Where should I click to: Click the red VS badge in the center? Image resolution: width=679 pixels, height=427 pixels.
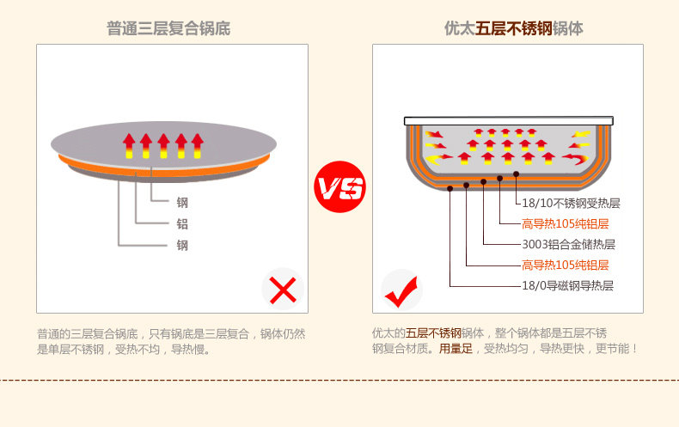339,186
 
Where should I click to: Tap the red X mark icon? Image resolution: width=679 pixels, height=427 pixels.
283,290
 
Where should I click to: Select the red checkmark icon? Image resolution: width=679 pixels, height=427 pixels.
401,290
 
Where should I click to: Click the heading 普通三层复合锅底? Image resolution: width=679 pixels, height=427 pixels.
168,28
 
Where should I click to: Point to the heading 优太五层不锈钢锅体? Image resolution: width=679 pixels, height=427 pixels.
513,28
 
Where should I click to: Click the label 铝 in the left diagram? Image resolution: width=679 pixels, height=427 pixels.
182,223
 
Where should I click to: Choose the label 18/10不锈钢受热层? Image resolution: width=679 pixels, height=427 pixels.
571,204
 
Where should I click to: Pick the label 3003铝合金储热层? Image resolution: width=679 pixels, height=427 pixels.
568,244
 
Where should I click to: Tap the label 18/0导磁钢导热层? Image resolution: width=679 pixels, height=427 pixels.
568,285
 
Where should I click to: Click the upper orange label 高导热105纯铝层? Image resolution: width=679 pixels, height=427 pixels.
566,223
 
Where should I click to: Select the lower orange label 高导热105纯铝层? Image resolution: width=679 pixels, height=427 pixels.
566,265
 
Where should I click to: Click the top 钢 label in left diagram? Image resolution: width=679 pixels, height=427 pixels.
182,203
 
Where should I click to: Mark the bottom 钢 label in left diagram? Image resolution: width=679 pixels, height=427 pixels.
182,245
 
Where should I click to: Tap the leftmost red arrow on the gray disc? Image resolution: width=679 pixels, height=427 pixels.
129,145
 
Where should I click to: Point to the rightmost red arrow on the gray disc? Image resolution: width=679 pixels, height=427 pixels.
198,145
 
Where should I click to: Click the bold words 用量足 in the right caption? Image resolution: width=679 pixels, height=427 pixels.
456,349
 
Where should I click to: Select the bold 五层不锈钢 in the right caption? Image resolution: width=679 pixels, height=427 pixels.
434,333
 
